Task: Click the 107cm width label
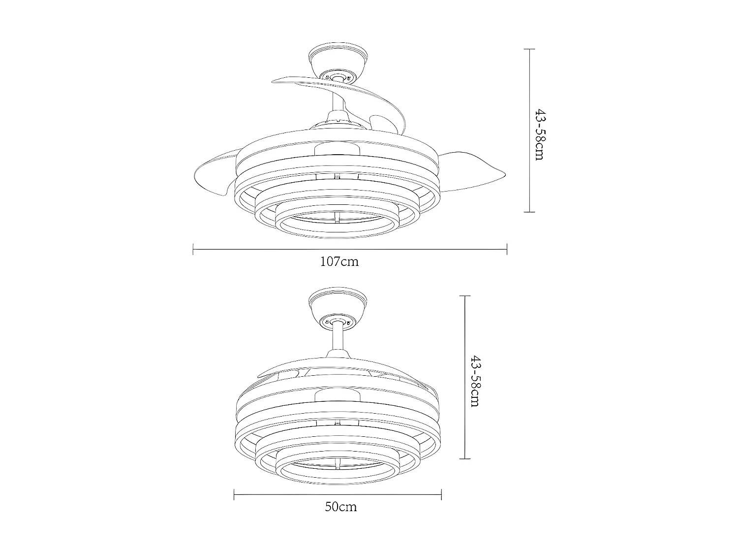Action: tap(339, 261)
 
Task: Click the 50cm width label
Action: tap(341, 507)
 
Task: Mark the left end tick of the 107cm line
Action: tap(193, 250)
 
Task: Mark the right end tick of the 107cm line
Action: tap(507, 250)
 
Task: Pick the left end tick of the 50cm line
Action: tap(234, 494)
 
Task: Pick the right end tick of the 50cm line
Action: tap(441, 494)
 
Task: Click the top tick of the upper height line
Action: tap(529, 49)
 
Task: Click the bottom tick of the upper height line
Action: tap(529, 212)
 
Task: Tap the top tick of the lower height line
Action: tap(465, 296)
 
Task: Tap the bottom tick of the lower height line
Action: tap(465, 458)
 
